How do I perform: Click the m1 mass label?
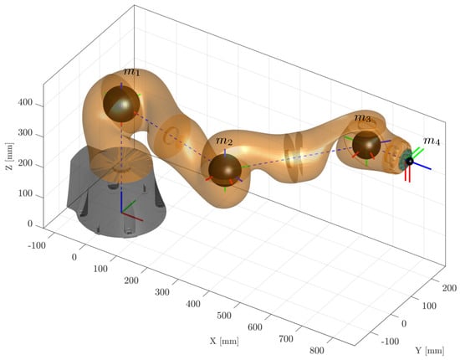(x=131, y=71)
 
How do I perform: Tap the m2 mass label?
(x=224, y=141)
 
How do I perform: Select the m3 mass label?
(x=363, y=118)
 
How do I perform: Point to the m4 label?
(x=432, y=141)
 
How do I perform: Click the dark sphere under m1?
(x=121, y=104)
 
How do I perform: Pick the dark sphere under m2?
(x=225, y=170)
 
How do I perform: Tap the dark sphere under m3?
(x=366, y=145)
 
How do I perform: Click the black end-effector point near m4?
(x=409, y=161)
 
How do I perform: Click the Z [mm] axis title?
(x=9, y=157)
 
